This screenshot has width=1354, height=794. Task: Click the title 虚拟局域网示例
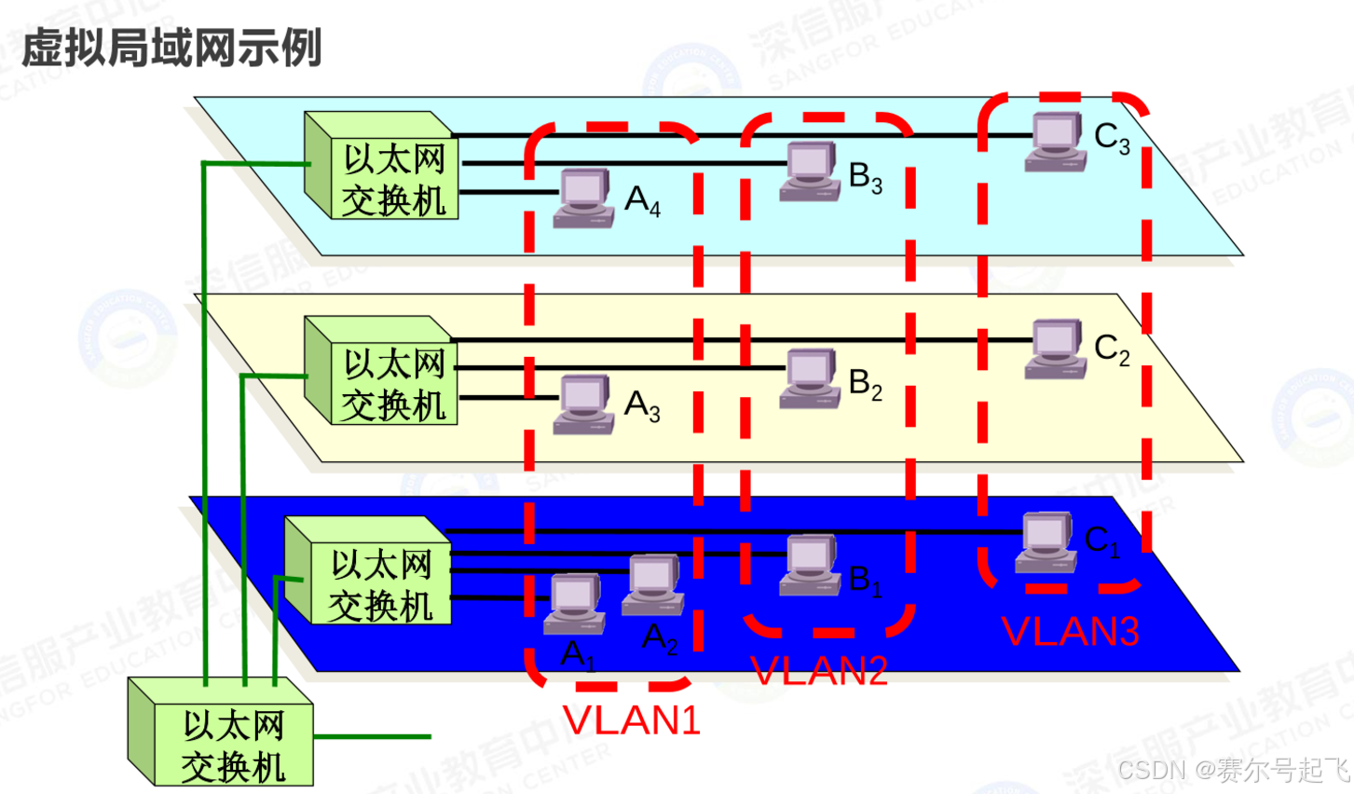tap(171, 48)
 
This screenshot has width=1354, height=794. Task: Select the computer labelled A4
tap(584, 198)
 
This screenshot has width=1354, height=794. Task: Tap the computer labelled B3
tap(810, 171)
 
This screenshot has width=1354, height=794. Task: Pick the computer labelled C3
tap(1056, 143)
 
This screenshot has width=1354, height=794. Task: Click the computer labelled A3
tap(584, 404)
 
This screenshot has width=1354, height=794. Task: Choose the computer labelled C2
tap(1056, 349)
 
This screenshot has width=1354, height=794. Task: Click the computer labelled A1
tap(574, 604)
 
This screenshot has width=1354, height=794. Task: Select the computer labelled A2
tap(653, 585)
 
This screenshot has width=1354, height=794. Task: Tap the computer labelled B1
tap(810, 565)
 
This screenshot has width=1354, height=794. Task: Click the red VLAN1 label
tap(631, 720)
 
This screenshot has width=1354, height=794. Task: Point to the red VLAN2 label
tap(819, 670)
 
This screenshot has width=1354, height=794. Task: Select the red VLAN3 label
tap(1071, 632)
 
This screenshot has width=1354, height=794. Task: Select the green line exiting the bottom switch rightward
tap(373, 736)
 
